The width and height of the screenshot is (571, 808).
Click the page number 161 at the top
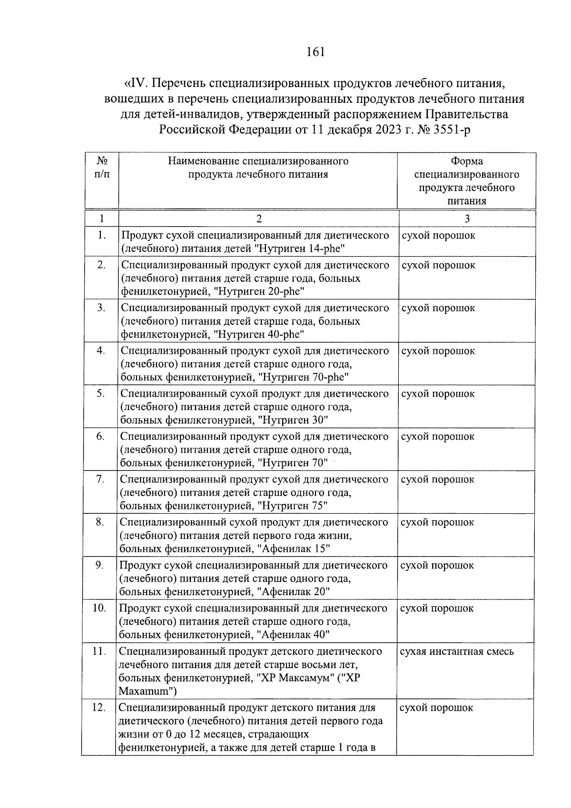click(316, 52)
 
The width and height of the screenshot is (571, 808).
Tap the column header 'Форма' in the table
click(466, 161)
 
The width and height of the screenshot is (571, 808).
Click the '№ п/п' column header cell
click(101, 168)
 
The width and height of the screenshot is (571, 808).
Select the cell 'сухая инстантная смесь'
click(457, 651)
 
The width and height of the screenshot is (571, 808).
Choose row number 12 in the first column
click(98, 708)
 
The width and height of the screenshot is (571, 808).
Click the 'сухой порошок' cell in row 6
click(438, 437)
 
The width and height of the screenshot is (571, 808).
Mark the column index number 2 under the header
click(258, 219)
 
